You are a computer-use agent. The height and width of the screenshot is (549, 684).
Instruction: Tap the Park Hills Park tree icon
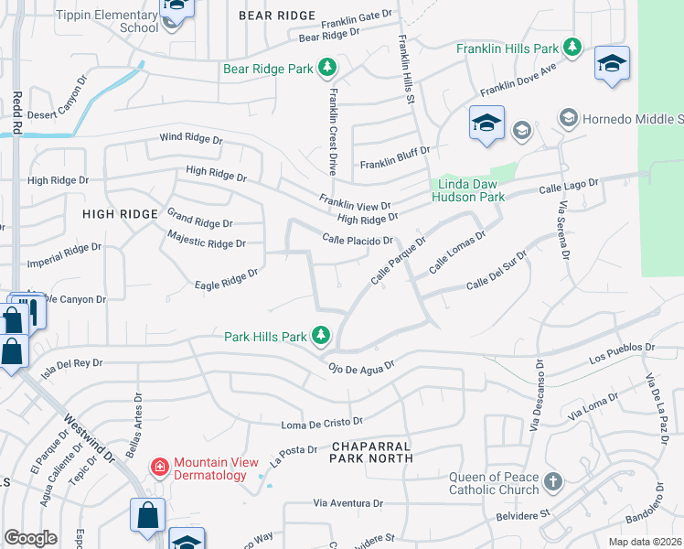(x=320, y=337)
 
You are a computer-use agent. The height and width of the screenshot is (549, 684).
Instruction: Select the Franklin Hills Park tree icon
(x=572, y=47)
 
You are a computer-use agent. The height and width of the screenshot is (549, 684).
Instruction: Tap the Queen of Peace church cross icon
(x=551, y=482)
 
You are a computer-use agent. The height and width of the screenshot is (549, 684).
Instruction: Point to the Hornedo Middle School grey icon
(x=568, y=119)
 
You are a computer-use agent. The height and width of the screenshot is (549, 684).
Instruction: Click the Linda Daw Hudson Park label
(x=467, y=189)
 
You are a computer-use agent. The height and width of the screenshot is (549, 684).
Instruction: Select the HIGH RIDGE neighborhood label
(x=120, y=214)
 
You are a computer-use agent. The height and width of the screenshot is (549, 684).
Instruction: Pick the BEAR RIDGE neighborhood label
(x=276, y=16)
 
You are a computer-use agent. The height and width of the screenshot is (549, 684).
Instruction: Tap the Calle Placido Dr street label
(x=358, y=240)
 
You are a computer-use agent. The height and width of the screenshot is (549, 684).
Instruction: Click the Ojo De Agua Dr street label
(x=360, y=366)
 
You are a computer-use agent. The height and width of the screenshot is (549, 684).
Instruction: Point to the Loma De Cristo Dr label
(x=322, y=424)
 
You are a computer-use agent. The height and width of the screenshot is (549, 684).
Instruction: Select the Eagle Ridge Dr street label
(x=227, y=279)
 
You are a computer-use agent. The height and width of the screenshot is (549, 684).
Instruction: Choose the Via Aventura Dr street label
(x=347, y=503)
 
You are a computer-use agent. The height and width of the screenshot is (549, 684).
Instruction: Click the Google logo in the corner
(x=31, y=538)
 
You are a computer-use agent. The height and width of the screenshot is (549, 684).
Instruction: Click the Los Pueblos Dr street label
(x=623, y=352)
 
